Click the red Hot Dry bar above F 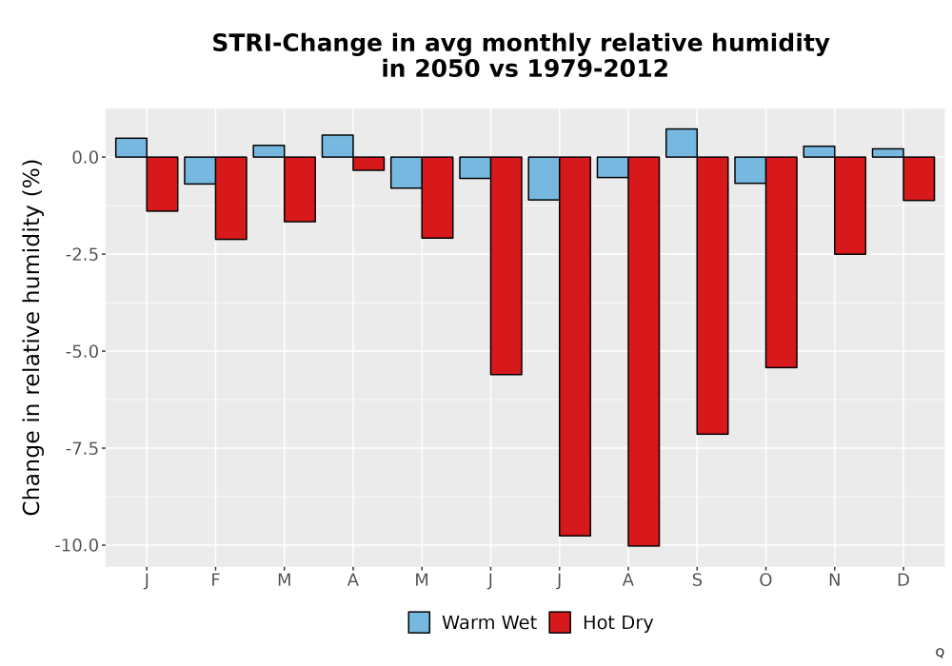[x=230, y=198]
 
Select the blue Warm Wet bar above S [x=682, y=143]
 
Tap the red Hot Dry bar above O [x=782, y=262]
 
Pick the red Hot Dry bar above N [x=850, y=206]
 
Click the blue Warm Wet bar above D [x=887, y=153]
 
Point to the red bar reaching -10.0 [x=644, y=352]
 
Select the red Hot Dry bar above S [x=713, y=295]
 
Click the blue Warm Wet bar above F [x=200, y=170]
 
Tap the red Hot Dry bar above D [x=919, y=179]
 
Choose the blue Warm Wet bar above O [x=750, y=170]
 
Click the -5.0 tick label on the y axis [x=82, y=352]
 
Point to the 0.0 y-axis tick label [x=86, y=158]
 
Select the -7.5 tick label [x=82, y=449]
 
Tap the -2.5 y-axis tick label [x=82, y=255]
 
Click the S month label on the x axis [x=697, y=580]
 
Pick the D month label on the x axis [x=903, y=580]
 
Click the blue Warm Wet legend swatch [x=419, y=622]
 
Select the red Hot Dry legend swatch [x=560, y=622]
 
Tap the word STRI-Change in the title [x=297, y=44]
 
